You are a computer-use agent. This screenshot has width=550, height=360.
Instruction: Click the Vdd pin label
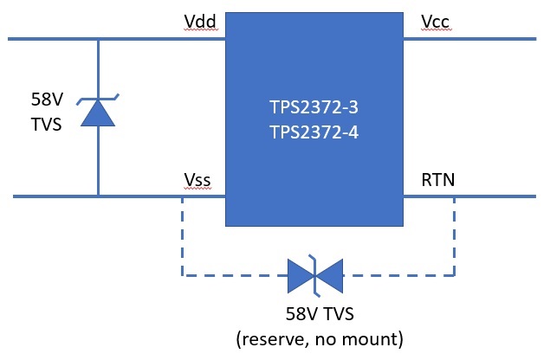click(200, 22)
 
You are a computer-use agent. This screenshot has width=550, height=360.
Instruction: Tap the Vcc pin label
click(435, 22)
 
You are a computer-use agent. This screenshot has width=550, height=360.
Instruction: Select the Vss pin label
click(197, 180)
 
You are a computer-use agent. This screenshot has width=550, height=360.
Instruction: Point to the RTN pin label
click(437, 180)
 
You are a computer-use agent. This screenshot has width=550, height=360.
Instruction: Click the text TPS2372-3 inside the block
click(314, 107)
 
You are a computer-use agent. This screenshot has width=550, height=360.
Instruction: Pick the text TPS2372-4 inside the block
click(314, 132)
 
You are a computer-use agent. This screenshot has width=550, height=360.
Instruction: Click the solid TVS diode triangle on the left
click(98, 112)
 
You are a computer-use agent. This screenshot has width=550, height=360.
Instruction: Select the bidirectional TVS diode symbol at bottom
click(315, 276)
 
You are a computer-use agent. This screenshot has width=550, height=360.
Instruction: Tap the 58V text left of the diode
click(47, 100)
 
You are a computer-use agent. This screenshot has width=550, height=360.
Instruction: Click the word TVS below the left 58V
click(46, 125)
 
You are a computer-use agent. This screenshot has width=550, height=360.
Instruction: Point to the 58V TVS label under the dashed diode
click(320, 313)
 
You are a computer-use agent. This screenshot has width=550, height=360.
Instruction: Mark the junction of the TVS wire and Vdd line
click(98, 39)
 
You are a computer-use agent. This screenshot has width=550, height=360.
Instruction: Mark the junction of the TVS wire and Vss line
click(98, 196)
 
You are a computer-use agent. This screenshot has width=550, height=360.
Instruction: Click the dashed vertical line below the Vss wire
click(183, 236)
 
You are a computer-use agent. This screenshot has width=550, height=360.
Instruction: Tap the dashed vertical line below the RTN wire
click(454, 236)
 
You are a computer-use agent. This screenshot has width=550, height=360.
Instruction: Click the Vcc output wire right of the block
click(469, 39)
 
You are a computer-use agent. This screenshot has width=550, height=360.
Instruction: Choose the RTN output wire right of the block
click(469, 196)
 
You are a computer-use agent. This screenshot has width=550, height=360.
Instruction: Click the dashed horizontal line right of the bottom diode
click(398, 275)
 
